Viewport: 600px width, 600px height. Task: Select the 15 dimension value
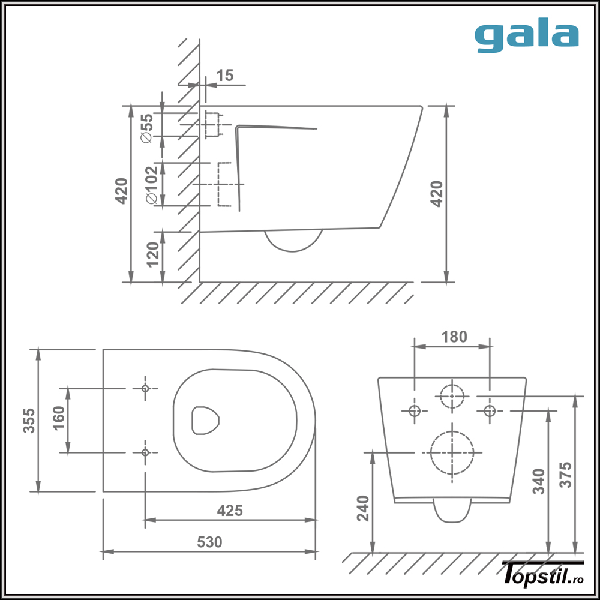click(x=225, y=76)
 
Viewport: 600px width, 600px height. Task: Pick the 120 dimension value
click(x=152, y=254)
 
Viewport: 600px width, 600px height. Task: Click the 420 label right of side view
click(x=437, y=194)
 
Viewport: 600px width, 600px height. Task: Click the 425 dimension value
click(x=230, y=511)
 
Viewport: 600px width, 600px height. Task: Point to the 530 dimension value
click(x=209, y=542)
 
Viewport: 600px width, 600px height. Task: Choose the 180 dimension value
click(x=454, y=337)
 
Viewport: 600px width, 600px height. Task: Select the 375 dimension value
click(x=566, y=474)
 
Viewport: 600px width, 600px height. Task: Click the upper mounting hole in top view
click(x=145, y=389)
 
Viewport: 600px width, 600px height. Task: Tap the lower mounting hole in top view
click(x=145, y=452)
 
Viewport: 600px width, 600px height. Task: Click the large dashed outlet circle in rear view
click(x=452, y=452)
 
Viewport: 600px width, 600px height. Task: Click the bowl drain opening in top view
click(x=205, y=420)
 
